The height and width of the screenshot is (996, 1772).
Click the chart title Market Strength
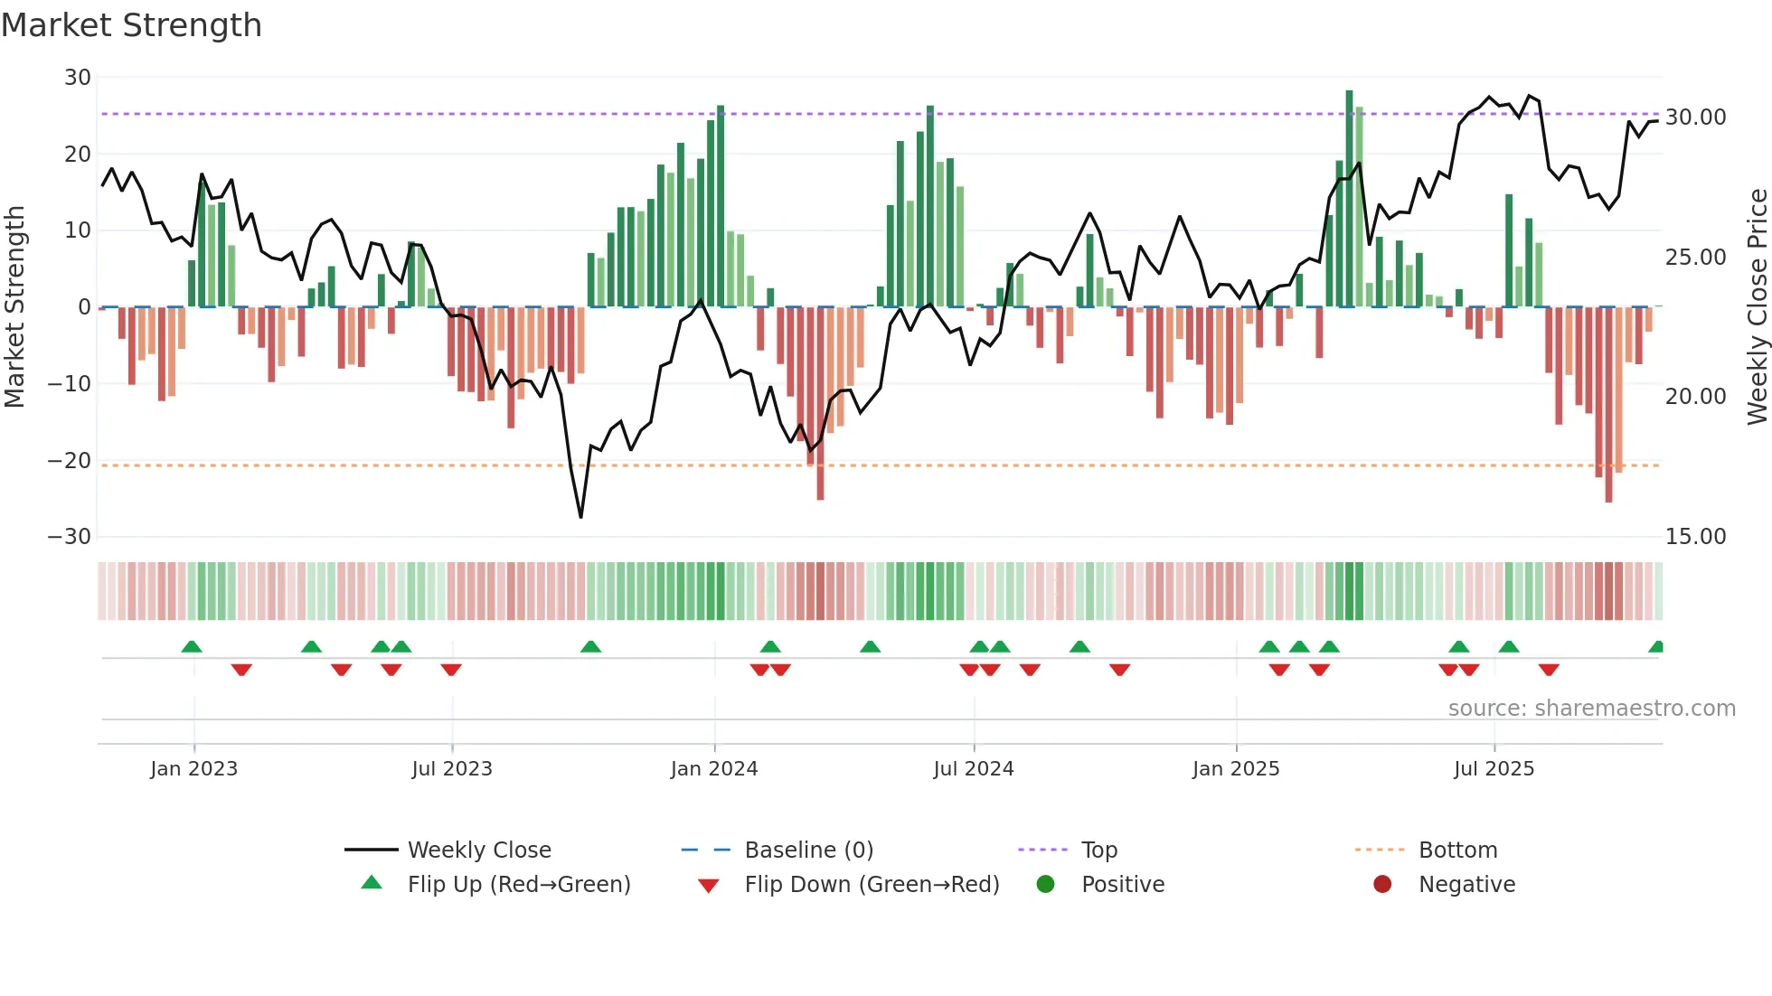(x=131, y=25)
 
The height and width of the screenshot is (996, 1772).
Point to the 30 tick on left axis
(x=78, y=78)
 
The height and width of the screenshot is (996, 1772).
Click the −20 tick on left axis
(x=71, y=461)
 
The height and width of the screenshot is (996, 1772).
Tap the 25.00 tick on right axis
(x=1696, y=258)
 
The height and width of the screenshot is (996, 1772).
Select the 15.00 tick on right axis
(x=1696, y=537)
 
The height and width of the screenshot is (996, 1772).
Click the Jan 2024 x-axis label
(x=714, y=769)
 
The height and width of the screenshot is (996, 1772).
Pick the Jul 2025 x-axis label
(x=1494, y=769)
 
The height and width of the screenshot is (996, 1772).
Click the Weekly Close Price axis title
(x=1757, y=307)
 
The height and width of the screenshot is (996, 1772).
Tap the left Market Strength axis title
(x=14, y=307)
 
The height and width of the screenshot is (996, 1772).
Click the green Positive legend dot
(x=1046, y=885)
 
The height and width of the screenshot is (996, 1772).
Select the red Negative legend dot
(x=1382, y=885)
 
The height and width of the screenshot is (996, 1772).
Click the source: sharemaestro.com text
(x=1591, y=709)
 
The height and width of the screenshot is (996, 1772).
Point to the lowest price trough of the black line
(x=580, y=517)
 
